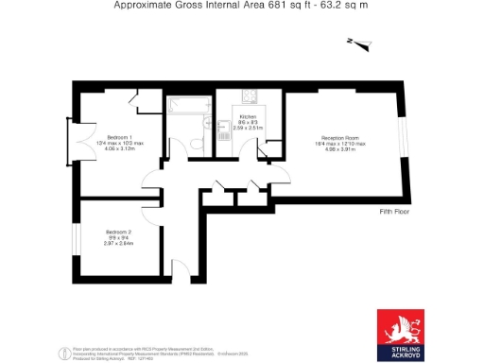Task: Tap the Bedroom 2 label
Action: (x=118, y=232)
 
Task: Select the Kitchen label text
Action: (x=248, y=116)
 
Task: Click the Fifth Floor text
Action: (x=393, y=211)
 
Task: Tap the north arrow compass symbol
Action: (x=354, y=42)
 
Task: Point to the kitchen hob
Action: (x=251, y=95)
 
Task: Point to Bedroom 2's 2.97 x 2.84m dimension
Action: (x=118, y=243)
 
